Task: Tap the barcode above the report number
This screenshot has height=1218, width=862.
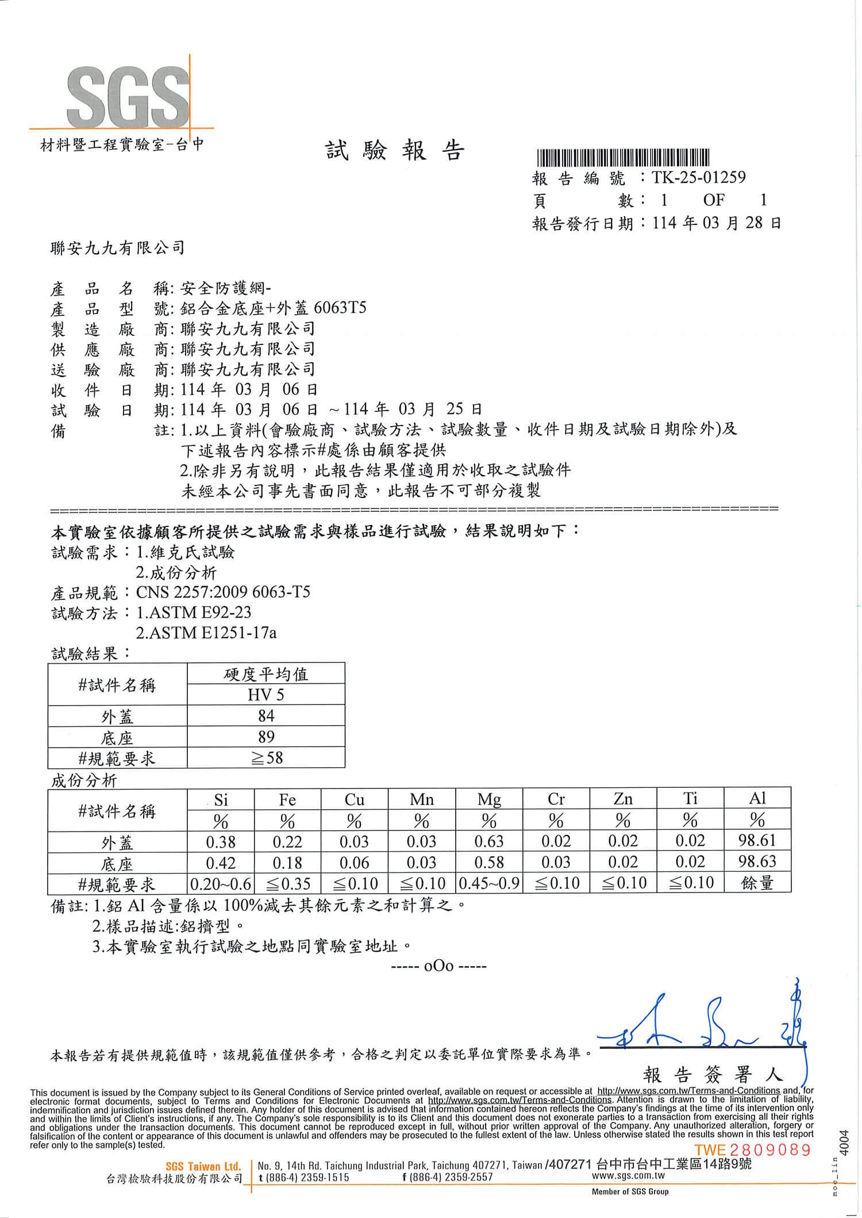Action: pyautogui.click(x=623, y=157)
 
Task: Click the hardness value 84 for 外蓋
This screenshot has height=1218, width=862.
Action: pyautogui.click(x=266, y=716)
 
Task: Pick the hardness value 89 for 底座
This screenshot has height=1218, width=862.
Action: pyautogui.click(x=266, y=737)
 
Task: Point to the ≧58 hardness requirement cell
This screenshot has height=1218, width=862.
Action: pyautogui.click(x=266, y=758)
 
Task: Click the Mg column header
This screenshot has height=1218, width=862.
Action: pyautogui.click(x=488, y=799)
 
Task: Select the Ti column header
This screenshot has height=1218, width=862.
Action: pyautogui.click(x=690, y=799)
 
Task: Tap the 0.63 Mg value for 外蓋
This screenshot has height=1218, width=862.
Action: pyautogui.click(x=488, y=841)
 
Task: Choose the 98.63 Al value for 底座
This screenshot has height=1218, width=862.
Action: pyautogui.click(x=757, y=862)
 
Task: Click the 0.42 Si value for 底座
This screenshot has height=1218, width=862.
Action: pyautogui.click(x=221, y=863)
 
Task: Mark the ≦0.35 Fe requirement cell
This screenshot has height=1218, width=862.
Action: pyautogui.click(x=287, y=883)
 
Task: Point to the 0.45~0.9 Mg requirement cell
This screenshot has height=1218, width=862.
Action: pyautogui.click(x=488, y=883)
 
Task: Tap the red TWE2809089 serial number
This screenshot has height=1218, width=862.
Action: pyautogui.click(x=753, y=1150)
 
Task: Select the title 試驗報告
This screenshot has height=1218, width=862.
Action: pyautogui.click(x=395, y=151)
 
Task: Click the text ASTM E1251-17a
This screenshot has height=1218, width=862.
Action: pyautogui.click(x=206, y=633)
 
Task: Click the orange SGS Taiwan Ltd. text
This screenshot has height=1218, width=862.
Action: pyautogui.click(x=203, y=1166)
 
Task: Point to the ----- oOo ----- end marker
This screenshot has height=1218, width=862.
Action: pyautogui.click(x=438, y=966)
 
